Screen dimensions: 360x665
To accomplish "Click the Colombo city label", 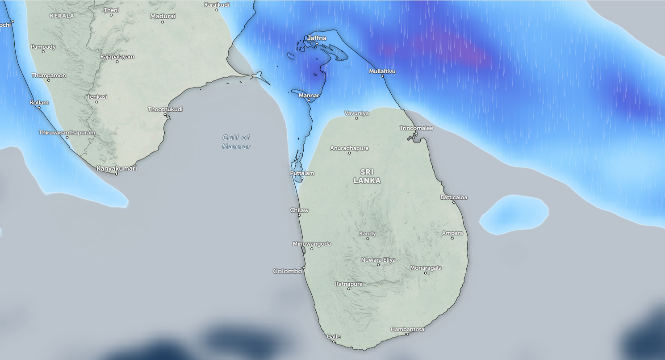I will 288,271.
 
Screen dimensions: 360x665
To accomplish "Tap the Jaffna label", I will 317,38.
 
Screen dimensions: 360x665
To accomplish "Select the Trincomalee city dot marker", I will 415,134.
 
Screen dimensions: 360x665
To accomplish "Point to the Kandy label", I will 368,234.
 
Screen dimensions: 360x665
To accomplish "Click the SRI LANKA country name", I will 367,176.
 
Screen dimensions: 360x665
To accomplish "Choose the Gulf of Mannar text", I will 236,142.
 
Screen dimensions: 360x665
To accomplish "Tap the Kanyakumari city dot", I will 117,174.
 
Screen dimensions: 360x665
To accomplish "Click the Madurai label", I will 163,16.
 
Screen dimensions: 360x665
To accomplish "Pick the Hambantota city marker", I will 407,334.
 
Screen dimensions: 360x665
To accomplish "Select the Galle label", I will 334,337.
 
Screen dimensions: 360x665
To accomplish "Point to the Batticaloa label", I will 454,197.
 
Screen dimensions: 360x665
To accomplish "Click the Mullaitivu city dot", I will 382,76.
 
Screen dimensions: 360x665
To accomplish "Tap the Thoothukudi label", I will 165,109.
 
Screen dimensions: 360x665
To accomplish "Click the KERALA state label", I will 62,16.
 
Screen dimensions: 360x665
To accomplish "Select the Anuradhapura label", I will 349,148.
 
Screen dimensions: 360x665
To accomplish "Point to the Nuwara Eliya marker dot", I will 378,265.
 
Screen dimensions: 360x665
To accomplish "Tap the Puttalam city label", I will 302,173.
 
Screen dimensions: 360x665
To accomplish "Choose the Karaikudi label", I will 217,4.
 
